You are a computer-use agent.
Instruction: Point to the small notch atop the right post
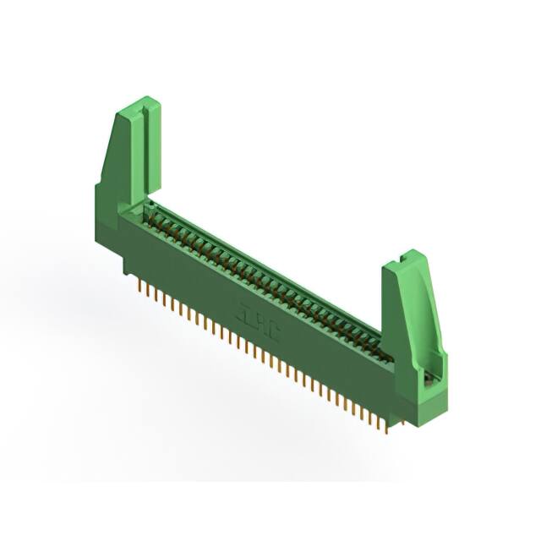click(x=407, y=253)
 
